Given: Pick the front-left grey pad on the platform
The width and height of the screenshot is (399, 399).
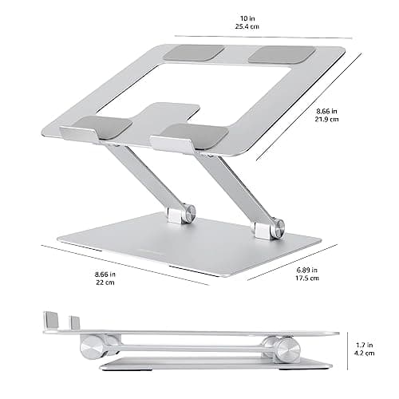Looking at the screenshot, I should [105, 128].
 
